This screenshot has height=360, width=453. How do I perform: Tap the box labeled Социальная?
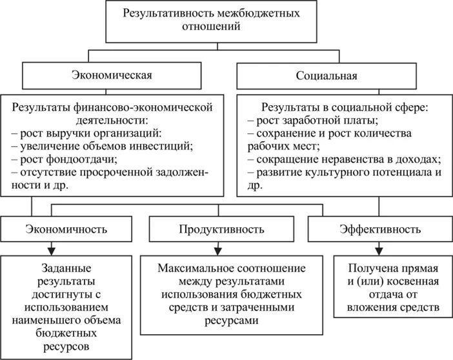click(x=327, y=75)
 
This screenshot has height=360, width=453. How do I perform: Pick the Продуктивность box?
click(x=225, y=229)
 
